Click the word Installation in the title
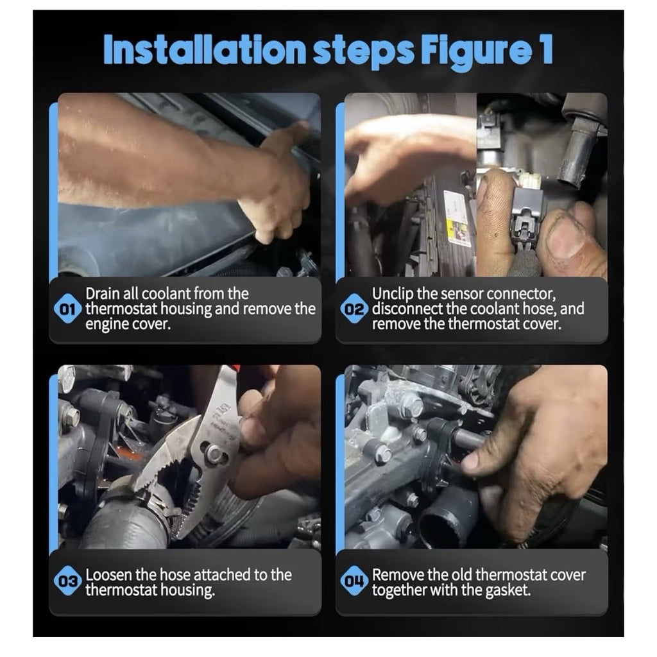205,50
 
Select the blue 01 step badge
67,309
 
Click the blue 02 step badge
354,309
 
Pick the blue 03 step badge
67,581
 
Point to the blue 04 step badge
354,581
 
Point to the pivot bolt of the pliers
214,453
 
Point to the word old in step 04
462,574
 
